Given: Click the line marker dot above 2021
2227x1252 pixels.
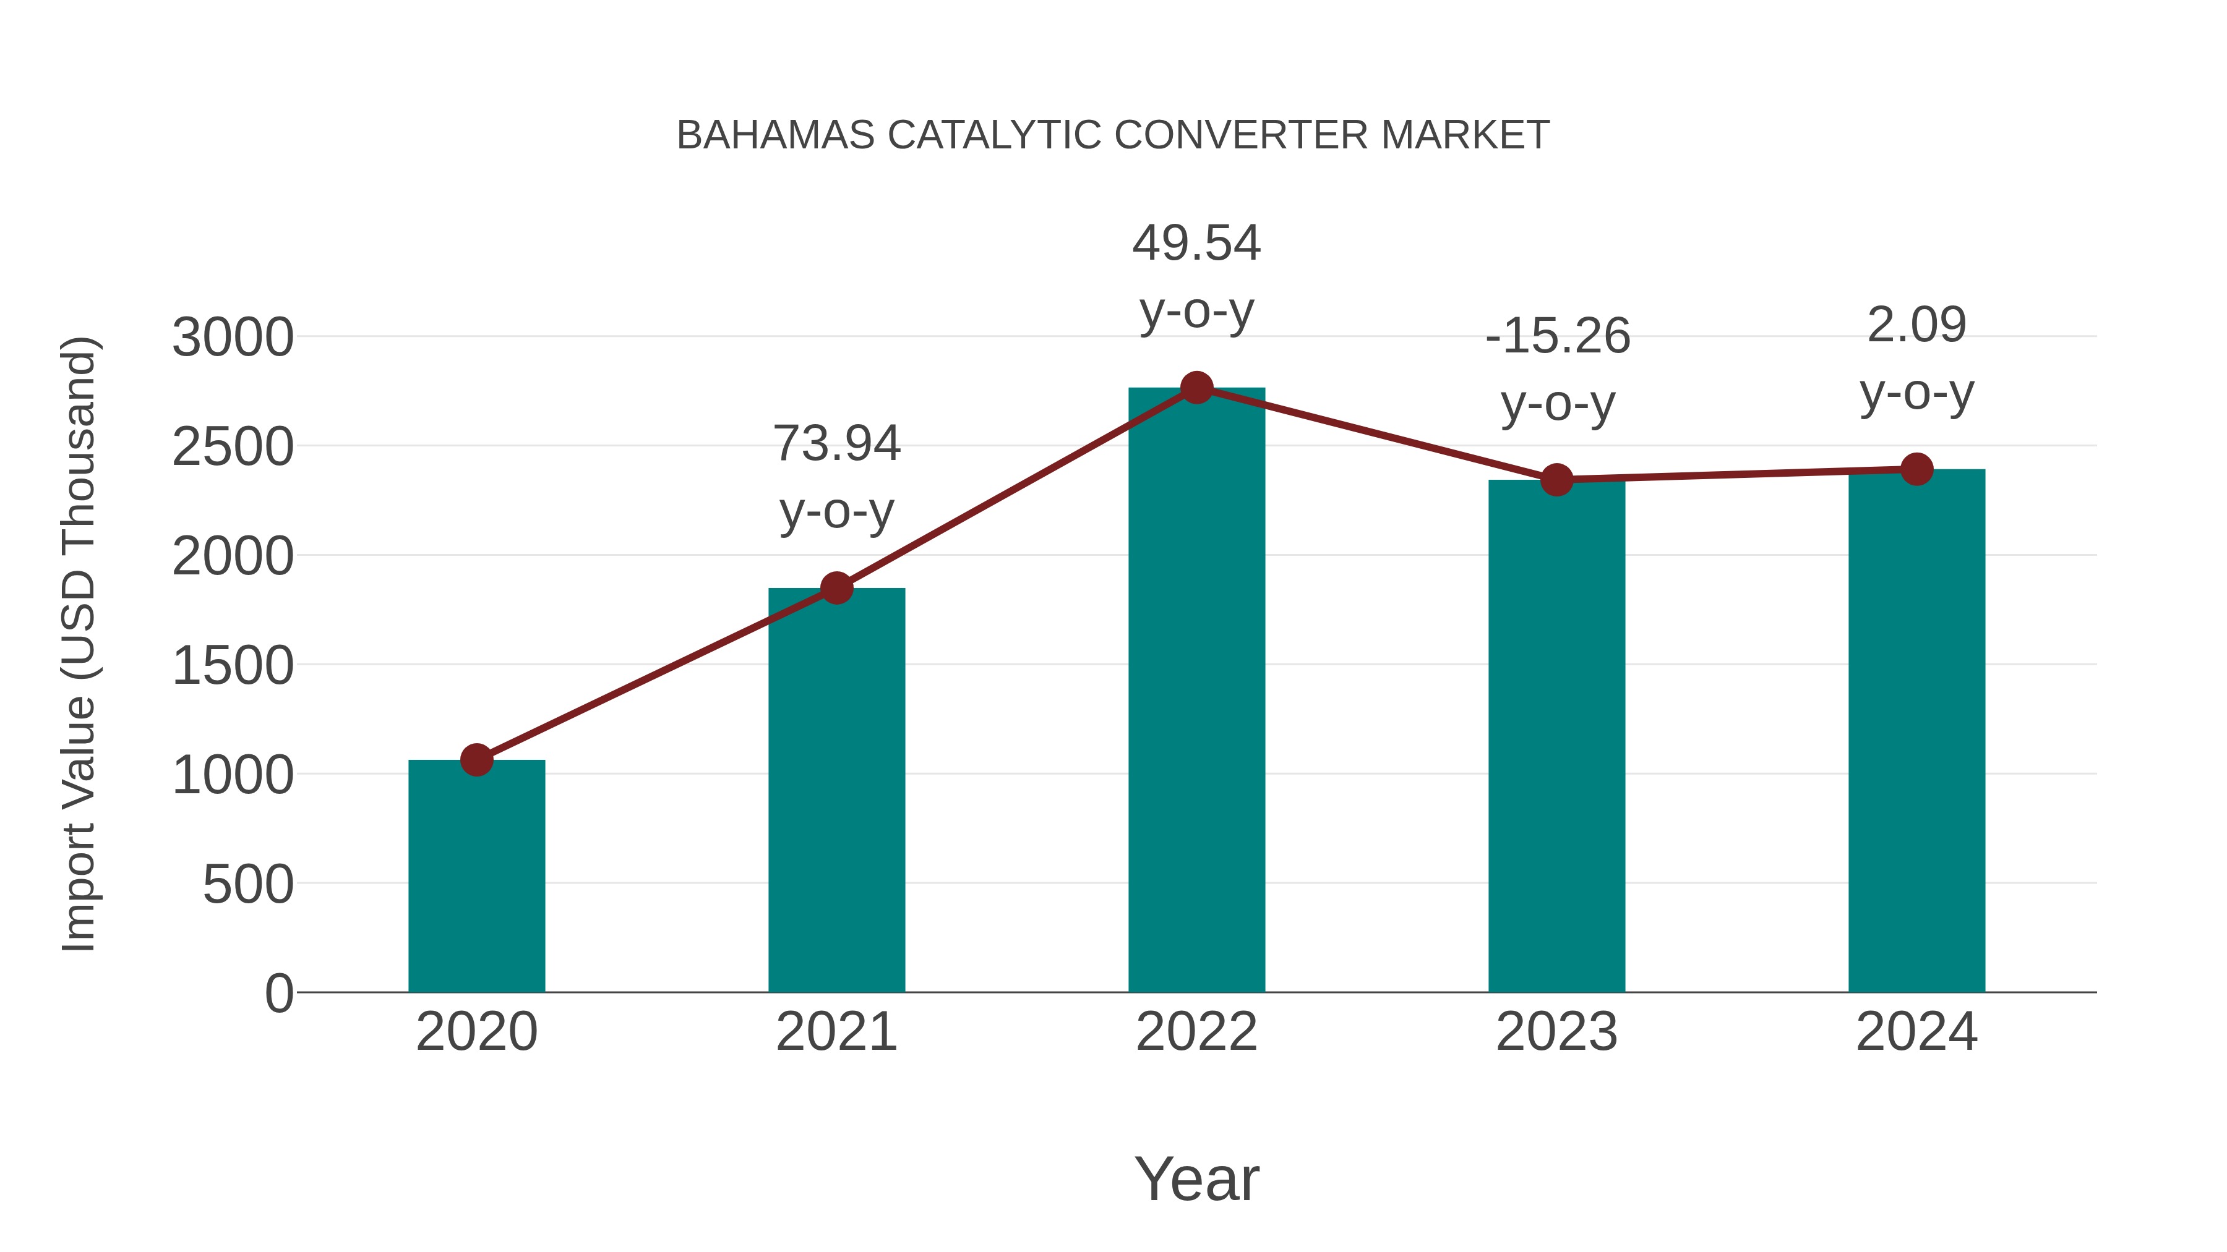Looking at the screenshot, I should point(836,589).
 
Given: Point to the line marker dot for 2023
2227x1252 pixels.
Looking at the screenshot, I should point(1556,480).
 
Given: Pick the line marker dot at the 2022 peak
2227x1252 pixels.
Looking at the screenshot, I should point(1196,388).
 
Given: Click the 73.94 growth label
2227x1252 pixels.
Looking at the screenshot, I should point(836,443).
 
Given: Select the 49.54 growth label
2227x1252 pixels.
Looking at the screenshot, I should point(1196,243).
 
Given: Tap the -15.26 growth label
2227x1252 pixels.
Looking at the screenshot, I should point(1557,336).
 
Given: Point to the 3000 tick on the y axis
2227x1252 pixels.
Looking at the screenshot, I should point(233,338).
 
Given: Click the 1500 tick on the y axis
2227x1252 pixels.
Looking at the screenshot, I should point(233,666).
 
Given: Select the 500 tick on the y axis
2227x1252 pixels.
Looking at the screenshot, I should point(248,885).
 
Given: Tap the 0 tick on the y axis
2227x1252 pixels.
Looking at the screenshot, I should point(279,994).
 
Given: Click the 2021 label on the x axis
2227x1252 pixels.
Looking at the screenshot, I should point(836,1032).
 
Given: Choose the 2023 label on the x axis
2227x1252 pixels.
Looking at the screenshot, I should point(1556,1032).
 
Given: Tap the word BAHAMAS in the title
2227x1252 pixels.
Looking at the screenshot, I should point(776,135).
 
